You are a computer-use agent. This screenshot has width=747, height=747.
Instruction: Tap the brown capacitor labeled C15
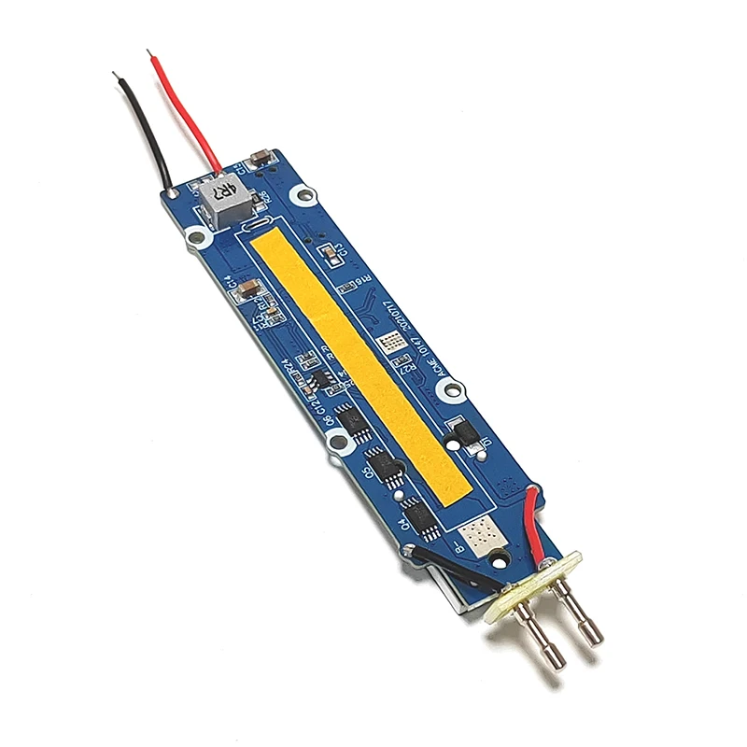[262, 160]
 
